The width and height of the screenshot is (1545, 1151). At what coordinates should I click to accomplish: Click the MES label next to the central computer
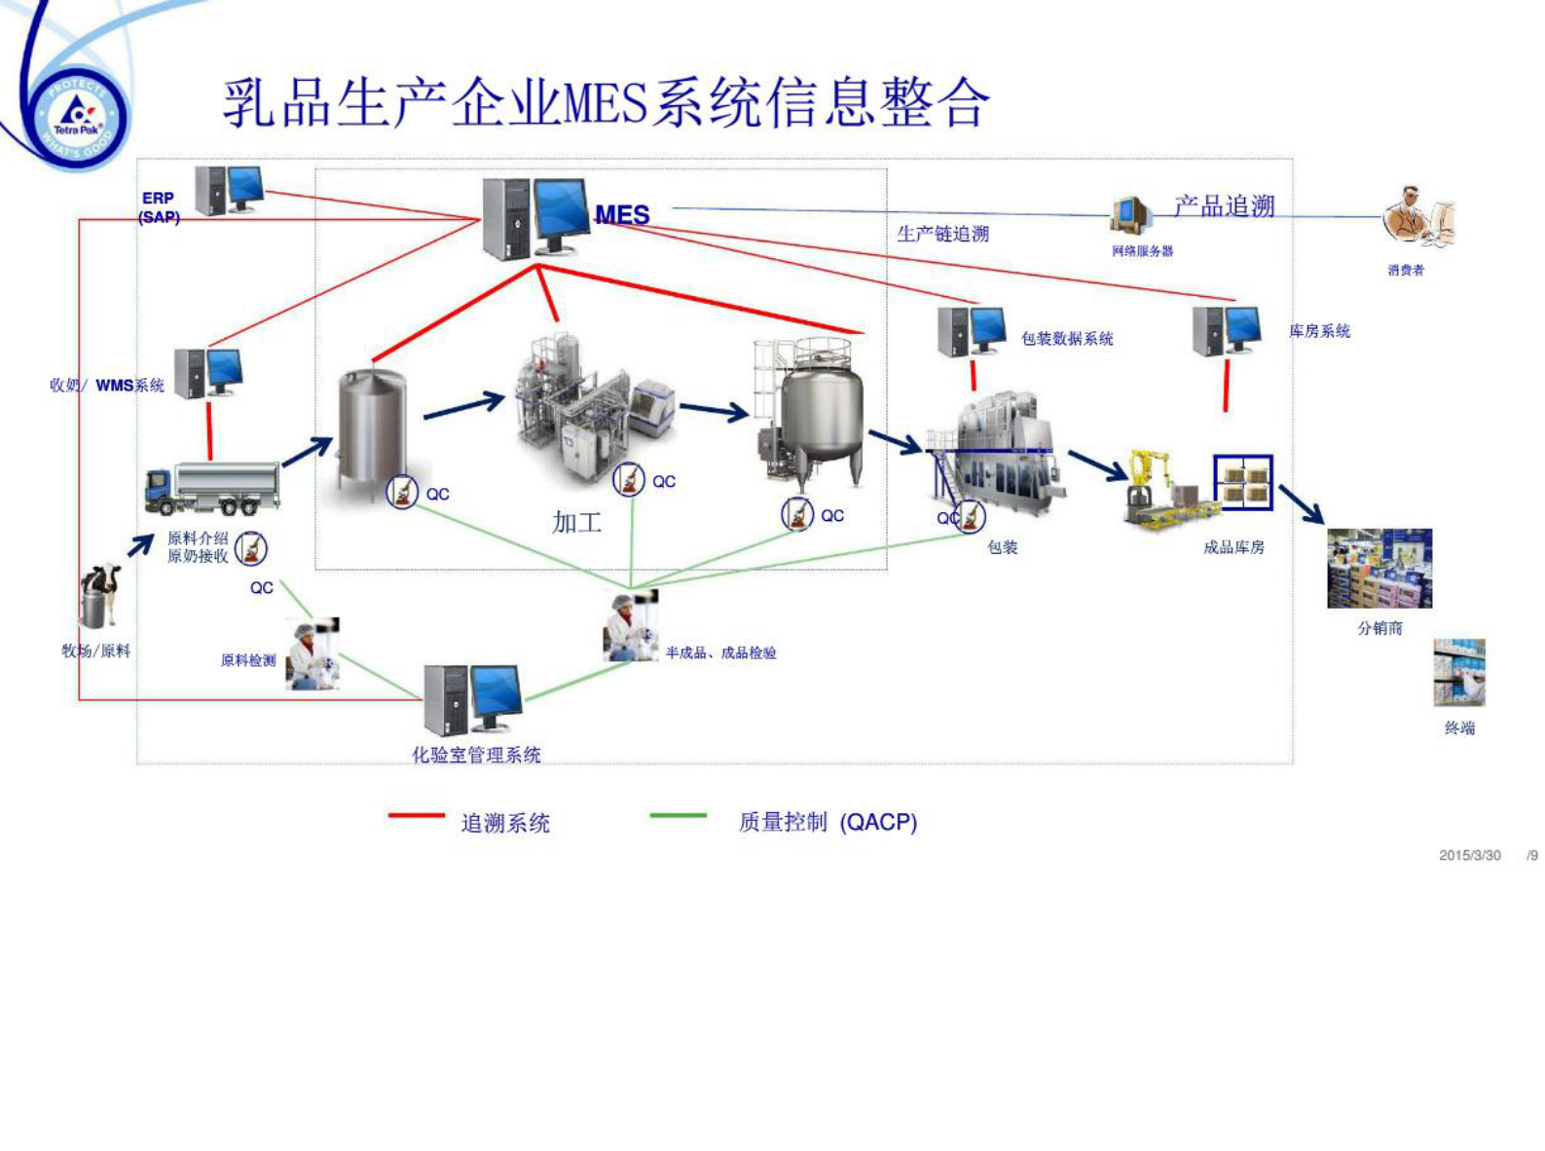pyautogui.click(x=622, y=214)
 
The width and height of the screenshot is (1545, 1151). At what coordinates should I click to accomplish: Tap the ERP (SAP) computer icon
pyautogui.click(x=229, y=190)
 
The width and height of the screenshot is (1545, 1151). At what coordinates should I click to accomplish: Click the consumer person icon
pyautogui.click(x=1416, y=218)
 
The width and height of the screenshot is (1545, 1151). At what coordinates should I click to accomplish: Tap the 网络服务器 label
pyautogui.click(x=1142, y=251)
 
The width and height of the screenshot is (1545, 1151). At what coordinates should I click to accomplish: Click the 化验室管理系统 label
pyautogui.click(x=476, y=755)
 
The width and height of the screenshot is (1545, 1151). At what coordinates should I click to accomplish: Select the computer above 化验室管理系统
pyautogui.click(x=473, y=698)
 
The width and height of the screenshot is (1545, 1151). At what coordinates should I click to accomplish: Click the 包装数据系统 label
pyautogui.click(x=1067, y=339)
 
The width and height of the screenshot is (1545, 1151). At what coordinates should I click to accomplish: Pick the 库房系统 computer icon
pyautogui.click(x=1227, y=331)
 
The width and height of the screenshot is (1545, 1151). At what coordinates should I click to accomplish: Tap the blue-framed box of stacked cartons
pyautogui.click(x=1243, y=482)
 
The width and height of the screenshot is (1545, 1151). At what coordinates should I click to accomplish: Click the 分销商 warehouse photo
pyautogui.click(x=1379, y=569)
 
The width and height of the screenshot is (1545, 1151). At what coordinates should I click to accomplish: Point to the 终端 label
pyautogui.click(x=1459, y=727)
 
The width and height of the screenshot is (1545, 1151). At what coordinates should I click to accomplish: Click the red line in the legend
pyautogui.click(x=416, y=815)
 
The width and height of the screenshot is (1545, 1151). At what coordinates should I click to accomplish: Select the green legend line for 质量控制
pyautogui.click(x=678, y=815)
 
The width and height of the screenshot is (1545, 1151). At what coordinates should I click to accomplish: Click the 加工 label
pyautogui.click(x=576, y=523)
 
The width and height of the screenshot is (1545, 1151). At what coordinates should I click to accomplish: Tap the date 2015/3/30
pyautogui.click(x=1469, y=855)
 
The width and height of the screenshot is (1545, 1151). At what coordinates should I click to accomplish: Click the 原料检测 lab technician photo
pyautogui.click(x=313, y=654)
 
